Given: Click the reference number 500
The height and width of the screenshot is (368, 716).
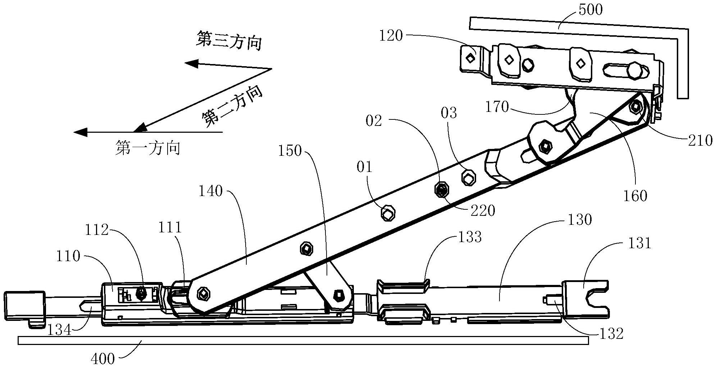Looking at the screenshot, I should click(590, 10).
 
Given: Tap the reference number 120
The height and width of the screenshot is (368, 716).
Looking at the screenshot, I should click(391, 36).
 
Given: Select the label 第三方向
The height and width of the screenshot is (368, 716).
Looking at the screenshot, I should click(229, 40).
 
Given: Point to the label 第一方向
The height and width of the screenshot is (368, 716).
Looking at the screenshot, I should click(148, 148).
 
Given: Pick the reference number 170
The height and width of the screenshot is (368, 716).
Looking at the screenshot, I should click(497, 107).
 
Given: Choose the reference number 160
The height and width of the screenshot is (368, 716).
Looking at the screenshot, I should click(636, 196).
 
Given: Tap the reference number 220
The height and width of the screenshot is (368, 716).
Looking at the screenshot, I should click(483, 210).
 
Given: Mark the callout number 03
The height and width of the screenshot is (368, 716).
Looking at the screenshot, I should click(449, 113).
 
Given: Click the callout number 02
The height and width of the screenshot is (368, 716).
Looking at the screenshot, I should click(374, 121).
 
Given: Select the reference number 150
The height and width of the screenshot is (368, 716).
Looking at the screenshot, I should click(290, 151).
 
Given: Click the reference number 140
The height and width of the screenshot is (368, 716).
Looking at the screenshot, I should click(211, 191).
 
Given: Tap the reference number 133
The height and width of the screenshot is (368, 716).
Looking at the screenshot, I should click(469, 237).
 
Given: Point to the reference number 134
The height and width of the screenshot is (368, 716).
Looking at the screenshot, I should click(60, 329).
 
